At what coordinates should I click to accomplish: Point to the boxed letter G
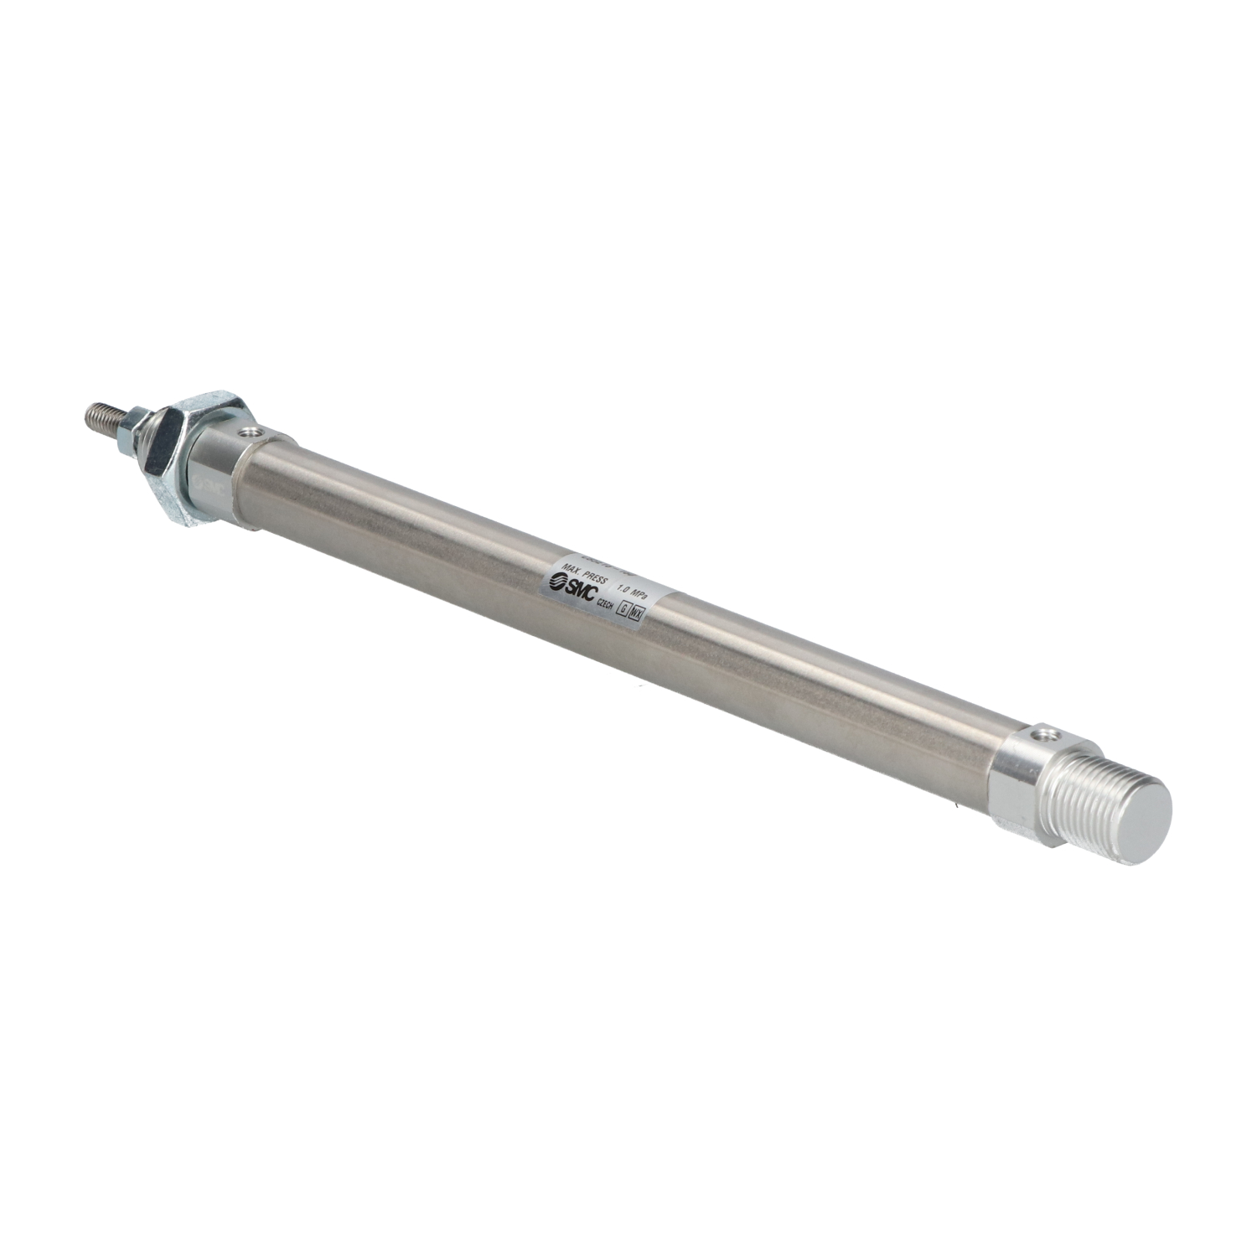[x=622, y=611]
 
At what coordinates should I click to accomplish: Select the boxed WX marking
[x=637, y=615]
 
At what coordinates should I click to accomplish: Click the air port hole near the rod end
[x=248, y=432]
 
